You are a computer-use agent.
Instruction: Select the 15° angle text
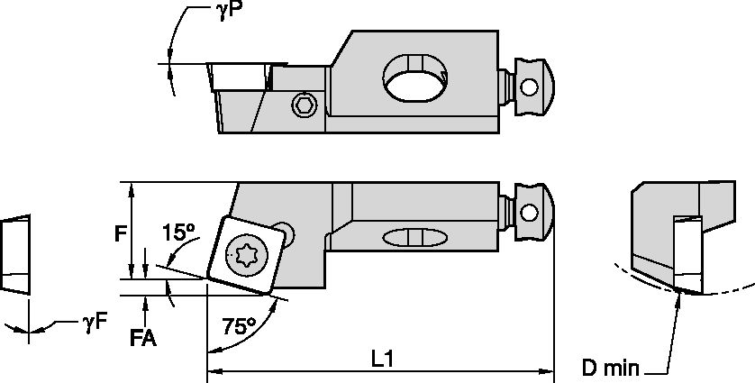[x=178, y=233]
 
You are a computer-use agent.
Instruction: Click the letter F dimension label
[x=119, y=234]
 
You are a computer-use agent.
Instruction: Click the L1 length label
[x=383, y=358]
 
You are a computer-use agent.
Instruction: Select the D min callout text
[x=609, y=368]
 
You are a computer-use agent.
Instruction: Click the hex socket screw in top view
[x=305, y=106]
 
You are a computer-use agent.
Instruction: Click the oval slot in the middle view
[x=414, y=237]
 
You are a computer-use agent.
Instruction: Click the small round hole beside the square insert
[x=286, y=230]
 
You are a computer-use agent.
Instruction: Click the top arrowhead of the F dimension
[x=132, y=188]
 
